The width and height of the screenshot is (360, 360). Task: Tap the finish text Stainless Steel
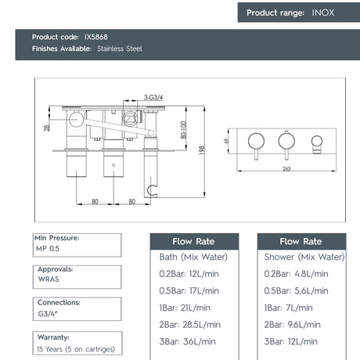(120, 49)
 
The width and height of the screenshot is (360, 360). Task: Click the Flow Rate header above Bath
(193, 241)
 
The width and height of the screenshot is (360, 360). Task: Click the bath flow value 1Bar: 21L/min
(185, 308)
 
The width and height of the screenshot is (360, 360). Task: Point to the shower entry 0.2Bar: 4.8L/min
(297, 274)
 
